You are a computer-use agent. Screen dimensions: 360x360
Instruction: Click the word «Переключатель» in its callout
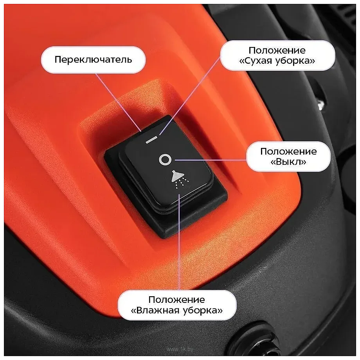coord(93,59)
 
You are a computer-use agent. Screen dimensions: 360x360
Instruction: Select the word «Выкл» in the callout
coord(288,162)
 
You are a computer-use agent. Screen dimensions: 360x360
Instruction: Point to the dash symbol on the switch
coord(151,140)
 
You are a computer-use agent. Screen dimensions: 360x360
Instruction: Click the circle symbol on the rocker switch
coord(165,159)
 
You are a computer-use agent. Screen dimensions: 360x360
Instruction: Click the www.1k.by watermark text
coord(180,349)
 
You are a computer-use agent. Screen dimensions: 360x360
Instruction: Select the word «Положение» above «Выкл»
coord(288,151)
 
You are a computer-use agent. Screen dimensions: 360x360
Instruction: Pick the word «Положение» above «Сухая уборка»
coord(277,50)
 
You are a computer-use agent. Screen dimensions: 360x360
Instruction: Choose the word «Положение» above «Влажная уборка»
coord(176,300)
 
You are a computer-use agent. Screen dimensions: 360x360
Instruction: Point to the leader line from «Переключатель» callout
coord(118,103)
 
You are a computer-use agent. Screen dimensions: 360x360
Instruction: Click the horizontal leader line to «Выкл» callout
coord(211,160)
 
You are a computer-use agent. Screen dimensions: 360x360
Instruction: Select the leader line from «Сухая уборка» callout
coord(190,96)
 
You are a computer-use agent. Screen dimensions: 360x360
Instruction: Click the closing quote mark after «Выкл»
coord(304,162)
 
